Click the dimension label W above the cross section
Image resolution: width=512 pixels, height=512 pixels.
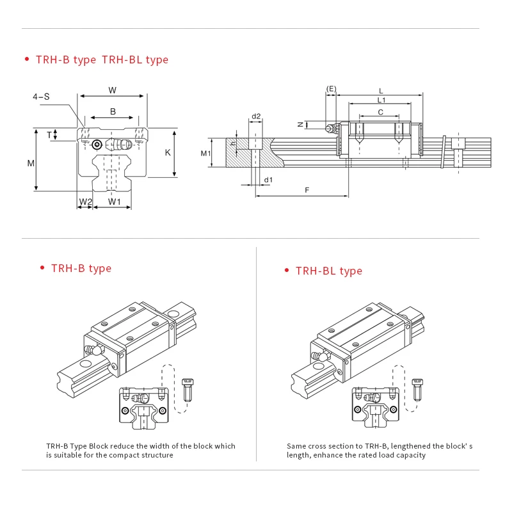(113, 90)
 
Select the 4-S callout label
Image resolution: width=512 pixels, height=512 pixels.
(42, 97)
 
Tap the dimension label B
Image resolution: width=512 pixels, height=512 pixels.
(113, 111)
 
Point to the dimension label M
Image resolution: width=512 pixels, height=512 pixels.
(31, 163)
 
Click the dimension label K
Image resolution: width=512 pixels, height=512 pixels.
(167, 152)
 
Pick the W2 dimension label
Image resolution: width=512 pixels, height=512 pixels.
(85, 202)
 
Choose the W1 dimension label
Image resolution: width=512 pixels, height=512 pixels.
(115, 202)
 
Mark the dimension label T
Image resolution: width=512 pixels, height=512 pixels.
(49, 134)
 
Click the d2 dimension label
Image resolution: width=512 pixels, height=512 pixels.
(256, 116)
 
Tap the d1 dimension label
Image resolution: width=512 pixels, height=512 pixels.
(269, 180)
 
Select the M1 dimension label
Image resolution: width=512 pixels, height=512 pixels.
(205, 153)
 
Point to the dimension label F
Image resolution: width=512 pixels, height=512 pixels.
(307, 190)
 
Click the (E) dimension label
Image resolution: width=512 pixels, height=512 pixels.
(331, 88)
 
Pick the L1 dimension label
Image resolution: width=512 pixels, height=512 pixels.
(381, 100)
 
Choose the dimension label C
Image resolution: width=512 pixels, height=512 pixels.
(381, 112)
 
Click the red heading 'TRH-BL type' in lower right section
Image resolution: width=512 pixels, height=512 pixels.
(328, 271)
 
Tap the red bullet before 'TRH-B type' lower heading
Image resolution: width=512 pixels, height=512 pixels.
(42, 268)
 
